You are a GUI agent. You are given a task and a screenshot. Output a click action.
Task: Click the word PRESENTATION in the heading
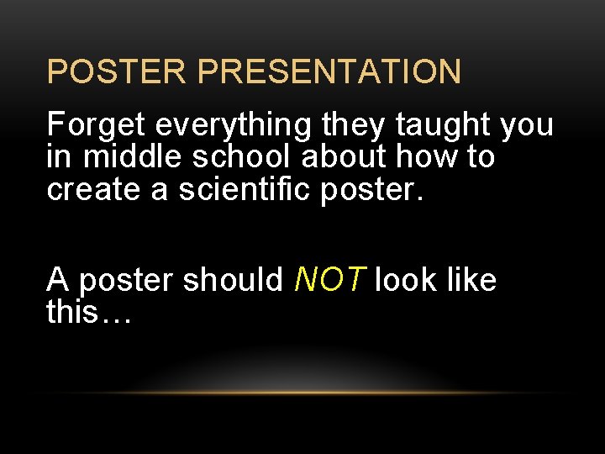coord(329,71)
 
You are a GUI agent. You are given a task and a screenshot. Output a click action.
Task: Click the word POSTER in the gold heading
coord(118,71)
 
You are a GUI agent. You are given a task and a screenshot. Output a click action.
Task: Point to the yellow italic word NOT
coord(329,280)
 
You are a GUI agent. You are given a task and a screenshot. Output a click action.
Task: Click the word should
coord(233,280)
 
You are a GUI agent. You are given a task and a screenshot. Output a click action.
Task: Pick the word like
coord(471,280)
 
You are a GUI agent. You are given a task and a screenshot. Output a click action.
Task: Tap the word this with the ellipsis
coord(87,312)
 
